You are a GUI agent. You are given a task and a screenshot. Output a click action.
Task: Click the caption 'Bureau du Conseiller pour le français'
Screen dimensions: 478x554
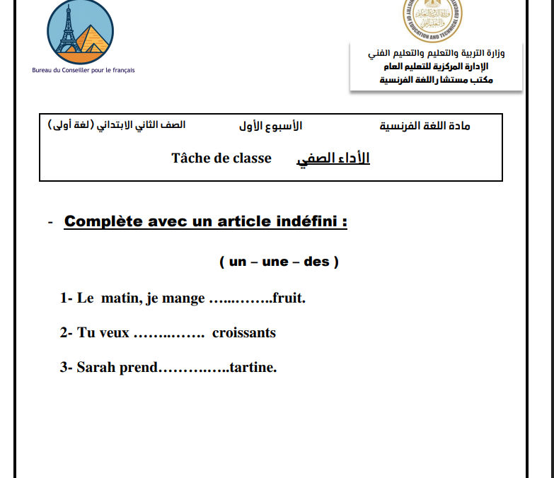pyautogui.click(x=83, y=70)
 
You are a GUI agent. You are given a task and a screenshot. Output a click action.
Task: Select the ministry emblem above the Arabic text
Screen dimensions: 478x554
pyautogui.click(x=433, y=19)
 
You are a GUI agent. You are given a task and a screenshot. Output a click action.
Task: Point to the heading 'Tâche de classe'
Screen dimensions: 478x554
pyautogui.click(x=221, y=158)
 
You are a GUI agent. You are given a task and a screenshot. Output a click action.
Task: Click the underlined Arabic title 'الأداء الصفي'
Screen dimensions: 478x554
pyautogui.click(x=333, y=158)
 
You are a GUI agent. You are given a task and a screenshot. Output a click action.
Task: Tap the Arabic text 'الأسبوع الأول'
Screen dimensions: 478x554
pyautogui.click(x=271, y=126)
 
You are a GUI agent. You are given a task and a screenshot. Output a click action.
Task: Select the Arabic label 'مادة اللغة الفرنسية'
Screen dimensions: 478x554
pyautogui.click(x=425, y=126)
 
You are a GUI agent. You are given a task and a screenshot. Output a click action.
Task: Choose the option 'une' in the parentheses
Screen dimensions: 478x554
pyautogui.click(x=275, y=262)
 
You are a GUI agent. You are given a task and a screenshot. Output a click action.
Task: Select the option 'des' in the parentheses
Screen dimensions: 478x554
pyautogui.click(x=316, y=262)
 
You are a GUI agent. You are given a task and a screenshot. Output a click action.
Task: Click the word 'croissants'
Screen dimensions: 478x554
pyautogui.click(x=244, y=332)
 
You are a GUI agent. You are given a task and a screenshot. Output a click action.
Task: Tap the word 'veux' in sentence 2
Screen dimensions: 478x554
pyautogui.click(x=114, y=333)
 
